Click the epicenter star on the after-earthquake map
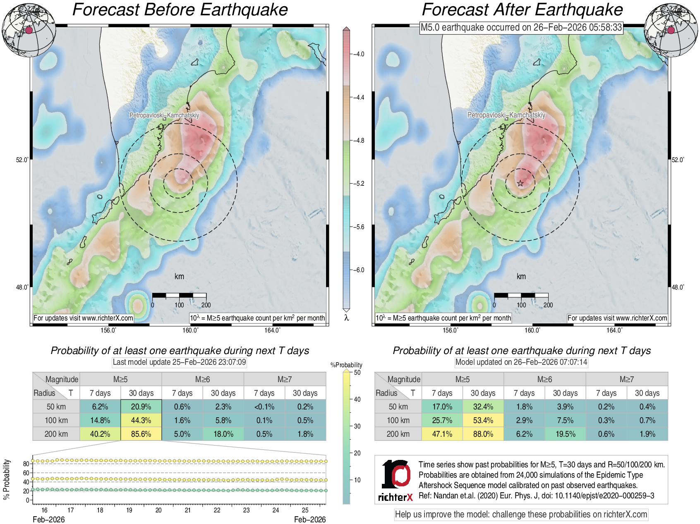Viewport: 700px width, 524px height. pyautogui.click(x=520, y=183)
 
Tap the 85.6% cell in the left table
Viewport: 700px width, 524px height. pyautogui.click(x=141, y=434)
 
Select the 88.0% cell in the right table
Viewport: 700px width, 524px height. pyautogui.click(x=483, y=434)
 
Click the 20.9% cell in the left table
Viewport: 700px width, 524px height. pyautogui.click(x=141, y=407)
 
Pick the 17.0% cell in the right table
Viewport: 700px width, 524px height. pyautogui.click(x=442, y=407)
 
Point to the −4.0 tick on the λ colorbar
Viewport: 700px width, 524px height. pyautogui.click(x=359, y=54)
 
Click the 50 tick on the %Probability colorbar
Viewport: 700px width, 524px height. pyautogui.click(x=357, y=372)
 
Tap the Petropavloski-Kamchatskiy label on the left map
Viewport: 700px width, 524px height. pyautogui.click(x=164, y=115)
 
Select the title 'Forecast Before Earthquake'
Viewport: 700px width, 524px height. pyautogui.click(x=180, y=10)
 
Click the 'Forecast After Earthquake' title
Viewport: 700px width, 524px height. pyautogui.click(x=522, y=10)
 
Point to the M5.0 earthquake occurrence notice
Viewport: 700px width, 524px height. pyautogui.click(x=521, y=27)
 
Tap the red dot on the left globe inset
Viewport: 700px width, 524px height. pyautogui.click(x=29, y=30)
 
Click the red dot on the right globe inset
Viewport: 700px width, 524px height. pyautogui.click(x=671, y=30)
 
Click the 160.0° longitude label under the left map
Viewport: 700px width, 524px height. pyautogui.click(x=191, y=330)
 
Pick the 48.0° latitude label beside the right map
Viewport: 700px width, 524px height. pyautogui.click(x=678, y=287)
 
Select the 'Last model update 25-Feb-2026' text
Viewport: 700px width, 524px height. pyautogui.click(x=179, y=362)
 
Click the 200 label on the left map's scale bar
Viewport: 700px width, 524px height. pyautogui.click(x=206, y=305)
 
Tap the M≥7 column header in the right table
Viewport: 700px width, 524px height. pyautogui.click(x=626, y=379)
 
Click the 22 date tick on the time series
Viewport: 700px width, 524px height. pyautogui.click(x=217, y=510)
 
